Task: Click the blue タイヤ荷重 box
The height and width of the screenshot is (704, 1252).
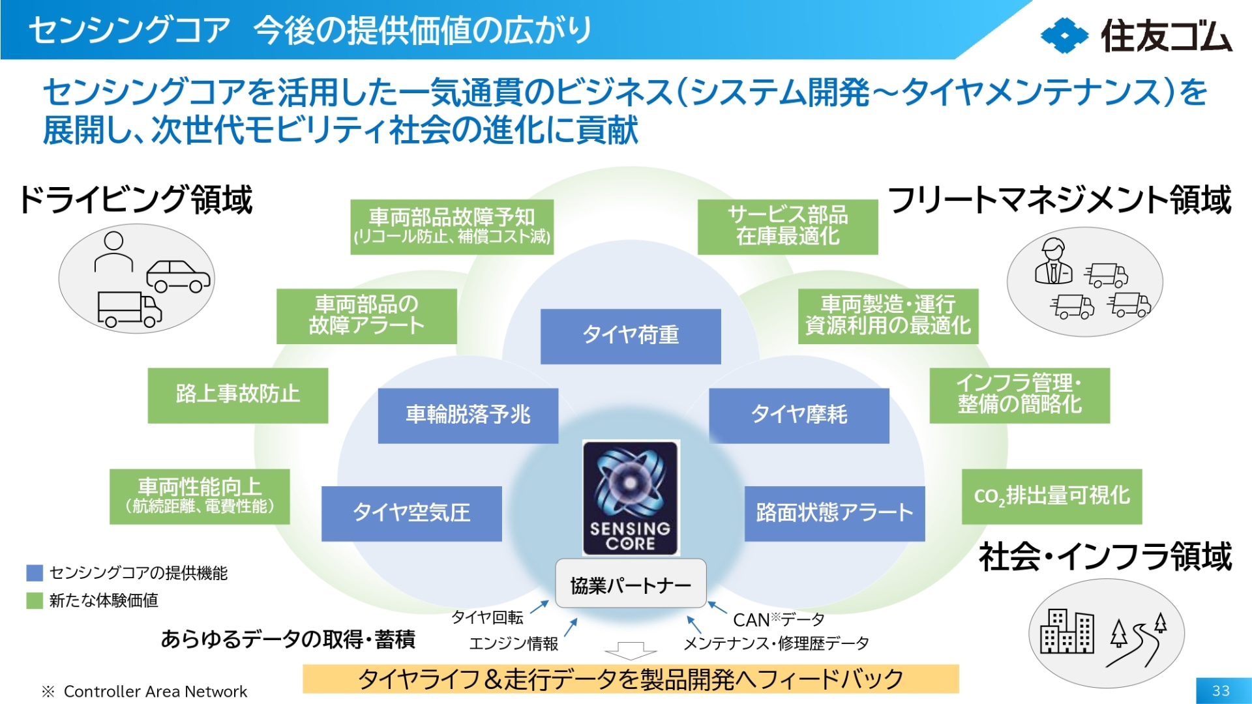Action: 631,336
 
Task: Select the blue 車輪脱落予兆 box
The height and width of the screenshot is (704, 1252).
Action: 468,415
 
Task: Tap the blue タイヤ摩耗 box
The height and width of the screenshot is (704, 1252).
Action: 799,415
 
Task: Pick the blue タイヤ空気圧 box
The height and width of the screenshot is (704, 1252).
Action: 411,513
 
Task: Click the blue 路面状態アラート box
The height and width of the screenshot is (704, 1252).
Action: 835,513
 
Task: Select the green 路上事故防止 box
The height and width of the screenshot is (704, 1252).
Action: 237,395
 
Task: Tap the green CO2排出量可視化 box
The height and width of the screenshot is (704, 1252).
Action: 1051,496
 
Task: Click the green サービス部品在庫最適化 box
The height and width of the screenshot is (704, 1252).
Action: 787,226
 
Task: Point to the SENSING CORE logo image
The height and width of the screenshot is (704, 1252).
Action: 630,499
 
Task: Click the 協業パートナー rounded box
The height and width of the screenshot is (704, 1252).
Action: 631,585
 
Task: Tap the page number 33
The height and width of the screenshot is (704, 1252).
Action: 1221,691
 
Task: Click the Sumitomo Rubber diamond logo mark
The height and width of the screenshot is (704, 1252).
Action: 1064,36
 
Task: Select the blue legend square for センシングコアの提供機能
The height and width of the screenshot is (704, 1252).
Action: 35,573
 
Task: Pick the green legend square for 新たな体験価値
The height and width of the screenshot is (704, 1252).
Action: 35,600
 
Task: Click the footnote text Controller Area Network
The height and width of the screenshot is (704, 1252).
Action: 155,692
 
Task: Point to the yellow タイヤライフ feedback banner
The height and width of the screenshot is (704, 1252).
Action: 631,679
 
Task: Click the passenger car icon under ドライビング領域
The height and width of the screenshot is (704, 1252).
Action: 178,276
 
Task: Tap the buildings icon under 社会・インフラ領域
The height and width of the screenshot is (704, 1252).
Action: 1066,631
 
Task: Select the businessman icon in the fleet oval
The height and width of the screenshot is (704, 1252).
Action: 1053,261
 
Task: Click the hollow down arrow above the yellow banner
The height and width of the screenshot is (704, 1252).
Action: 630,651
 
